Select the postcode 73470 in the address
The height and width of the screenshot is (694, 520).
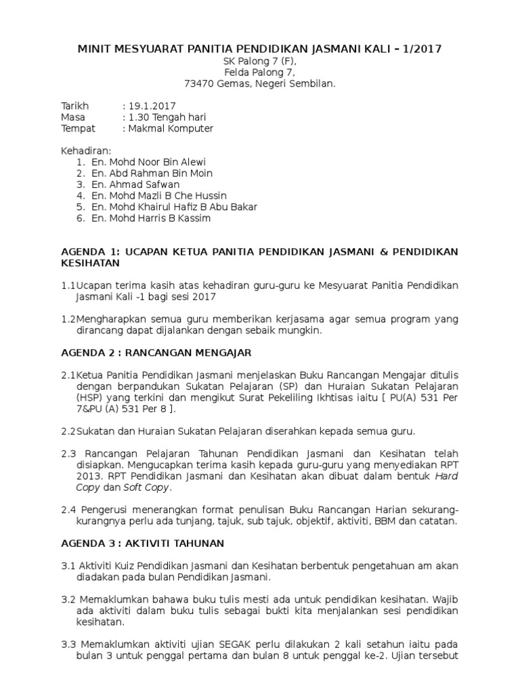[200, 83]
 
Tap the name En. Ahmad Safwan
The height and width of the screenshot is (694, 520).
[133, 184]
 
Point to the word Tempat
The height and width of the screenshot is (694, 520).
[78, 128]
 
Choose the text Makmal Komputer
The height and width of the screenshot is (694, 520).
[171, 128]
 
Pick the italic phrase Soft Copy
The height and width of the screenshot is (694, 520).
[147, 487]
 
